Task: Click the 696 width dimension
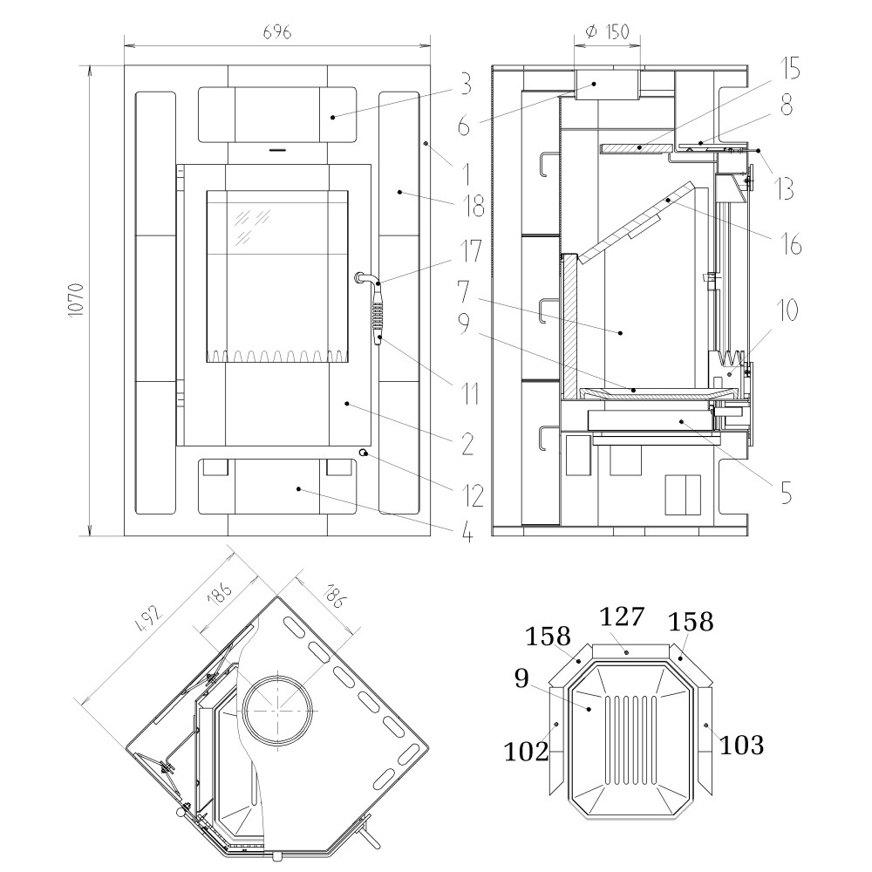pos(276,31)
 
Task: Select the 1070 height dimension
pos(78,299)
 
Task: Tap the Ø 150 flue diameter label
pos(608,31)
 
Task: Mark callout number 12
pos(473,494)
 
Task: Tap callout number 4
pos(467,531)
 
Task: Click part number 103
pos(742,746)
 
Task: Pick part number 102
pos(526,751)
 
